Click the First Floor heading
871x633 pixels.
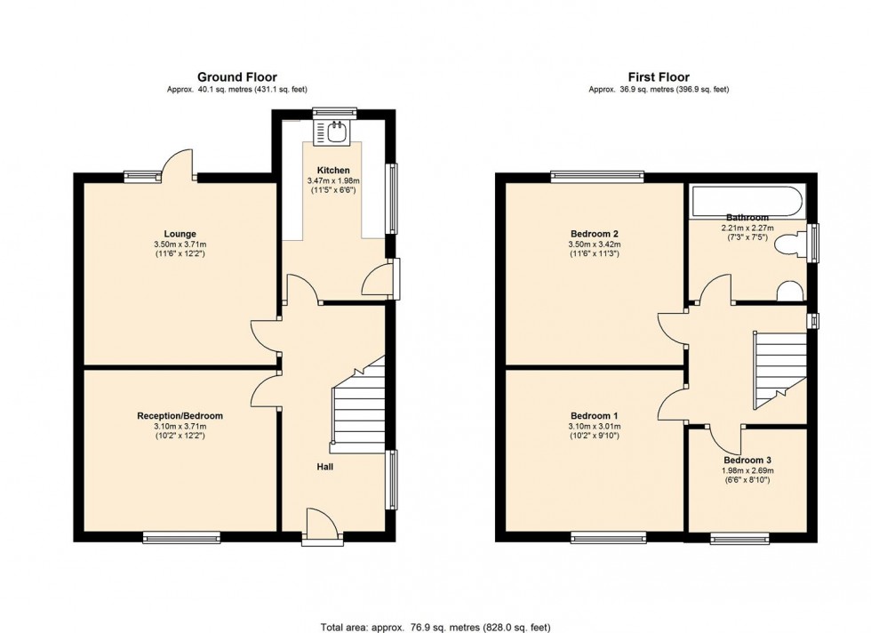(x=659, y=77)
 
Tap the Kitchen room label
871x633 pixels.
(x=333, y=170)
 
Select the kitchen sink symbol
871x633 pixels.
(x=334, y=132)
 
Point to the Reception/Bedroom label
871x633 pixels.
(x=180, y=415)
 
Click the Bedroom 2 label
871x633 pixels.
(x=593, y=234)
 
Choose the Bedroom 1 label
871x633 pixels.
(x=593, y=415)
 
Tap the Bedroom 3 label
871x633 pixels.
(x=747, y=460)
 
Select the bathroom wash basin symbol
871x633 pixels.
(x=789, y=292)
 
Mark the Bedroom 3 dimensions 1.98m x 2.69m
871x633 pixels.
(x=747, y=470)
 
